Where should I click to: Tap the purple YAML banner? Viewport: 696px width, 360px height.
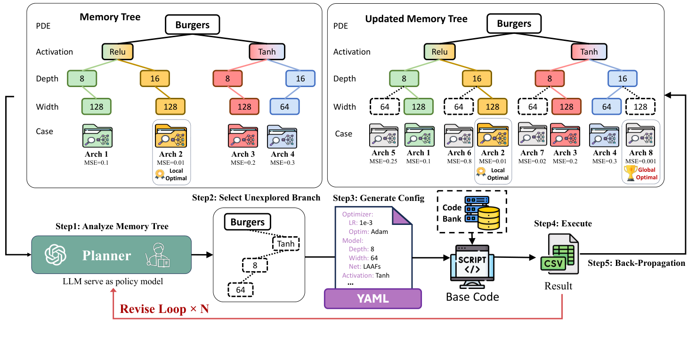pos(372,299)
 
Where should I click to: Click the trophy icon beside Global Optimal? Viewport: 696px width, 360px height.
pos(631,172)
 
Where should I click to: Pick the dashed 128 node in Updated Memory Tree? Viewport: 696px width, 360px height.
pos(641,107)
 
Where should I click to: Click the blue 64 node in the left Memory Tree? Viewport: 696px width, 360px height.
pos(284,107)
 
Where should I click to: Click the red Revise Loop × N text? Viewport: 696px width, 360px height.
pos(164,309)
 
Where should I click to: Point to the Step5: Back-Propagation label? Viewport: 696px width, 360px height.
pos(636,263)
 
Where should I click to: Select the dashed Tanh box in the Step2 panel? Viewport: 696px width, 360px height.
pos(285,244)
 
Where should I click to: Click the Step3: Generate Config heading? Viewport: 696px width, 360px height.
pos(379,198)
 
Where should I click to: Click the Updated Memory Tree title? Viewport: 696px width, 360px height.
pos(416,19)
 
